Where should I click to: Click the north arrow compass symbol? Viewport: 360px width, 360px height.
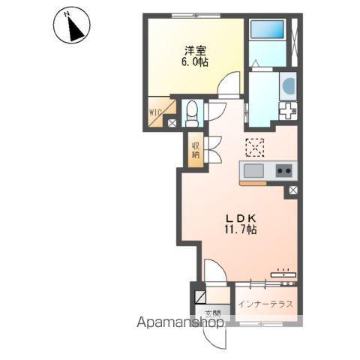click(72, 26)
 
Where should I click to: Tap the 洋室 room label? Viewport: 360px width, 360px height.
click(195, 51)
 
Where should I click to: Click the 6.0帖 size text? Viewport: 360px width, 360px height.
click(195, 62)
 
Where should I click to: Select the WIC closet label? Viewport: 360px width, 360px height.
click(155, 112)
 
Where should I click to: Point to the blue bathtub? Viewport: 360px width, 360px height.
click(267, 29)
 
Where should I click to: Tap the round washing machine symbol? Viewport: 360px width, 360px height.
click(289, 86)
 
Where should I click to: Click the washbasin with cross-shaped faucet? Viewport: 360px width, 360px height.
click(288, 111)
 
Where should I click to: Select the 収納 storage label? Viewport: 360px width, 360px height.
click(196, 150)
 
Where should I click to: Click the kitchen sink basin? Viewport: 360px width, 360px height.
click(253, 171)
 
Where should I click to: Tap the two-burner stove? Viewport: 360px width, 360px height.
click(284, 171)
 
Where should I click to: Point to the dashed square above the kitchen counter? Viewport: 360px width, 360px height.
click(255, 148)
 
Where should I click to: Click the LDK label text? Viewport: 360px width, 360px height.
click(241, 218)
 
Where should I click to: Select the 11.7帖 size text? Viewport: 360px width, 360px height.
click(241, 229)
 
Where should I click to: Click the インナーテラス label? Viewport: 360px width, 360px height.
click(265, 304)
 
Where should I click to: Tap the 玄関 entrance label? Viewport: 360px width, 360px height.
click(213, 313)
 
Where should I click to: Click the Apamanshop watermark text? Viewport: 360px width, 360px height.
click(180, 322)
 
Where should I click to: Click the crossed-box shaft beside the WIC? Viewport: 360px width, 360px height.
click(172, 123)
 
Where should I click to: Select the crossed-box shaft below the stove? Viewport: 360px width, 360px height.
click(293, 190)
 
